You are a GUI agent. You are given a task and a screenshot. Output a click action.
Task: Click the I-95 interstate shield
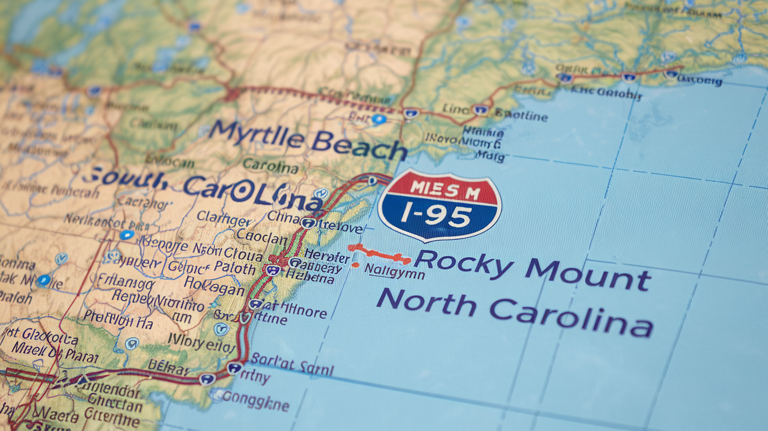pos(439,205)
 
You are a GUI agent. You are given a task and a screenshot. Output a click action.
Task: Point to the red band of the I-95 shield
pos(439,187)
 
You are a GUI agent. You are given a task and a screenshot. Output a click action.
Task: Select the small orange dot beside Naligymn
pos(355,265)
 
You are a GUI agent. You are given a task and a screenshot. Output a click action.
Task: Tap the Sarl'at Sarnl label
pos(292,368)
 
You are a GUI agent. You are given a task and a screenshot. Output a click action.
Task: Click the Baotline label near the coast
pos(521,115)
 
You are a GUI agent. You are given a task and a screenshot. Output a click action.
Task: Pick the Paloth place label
pos(234,269)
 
